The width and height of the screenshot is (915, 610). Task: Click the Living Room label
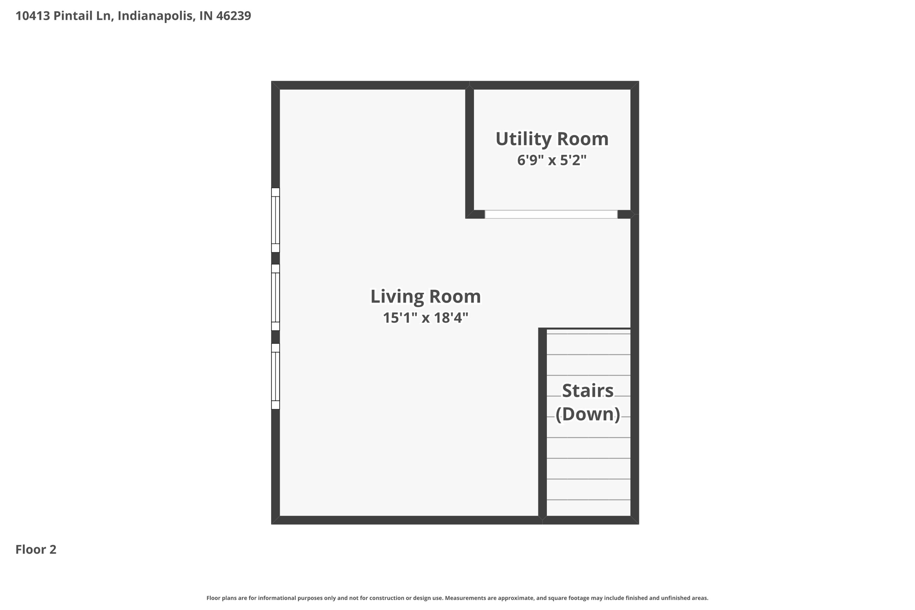425,297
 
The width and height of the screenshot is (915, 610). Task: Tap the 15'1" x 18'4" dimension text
425,318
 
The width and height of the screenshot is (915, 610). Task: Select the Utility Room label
552,139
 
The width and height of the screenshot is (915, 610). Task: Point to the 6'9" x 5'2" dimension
552,160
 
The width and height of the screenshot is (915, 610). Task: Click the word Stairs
588,391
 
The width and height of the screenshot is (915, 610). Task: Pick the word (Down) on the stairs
588,414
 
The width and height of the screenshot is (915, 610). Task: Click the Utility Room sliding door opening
551,215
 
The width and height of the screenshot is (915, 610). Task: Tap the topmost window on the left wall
276,220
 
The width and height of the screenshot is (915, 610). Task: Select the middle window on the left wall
276,297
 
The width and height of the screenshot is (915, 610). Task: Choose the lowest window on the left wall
276,376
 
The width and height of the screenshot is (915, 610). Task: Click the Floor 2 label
36,550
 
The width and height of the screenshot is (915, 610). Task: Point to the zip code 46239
234,16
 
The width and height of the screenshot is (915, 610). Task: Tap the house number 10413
33,16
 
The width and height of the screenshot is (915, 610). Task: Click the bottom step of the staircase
588,508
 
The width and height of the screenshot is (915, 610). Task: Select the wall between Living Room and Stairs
542,422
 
